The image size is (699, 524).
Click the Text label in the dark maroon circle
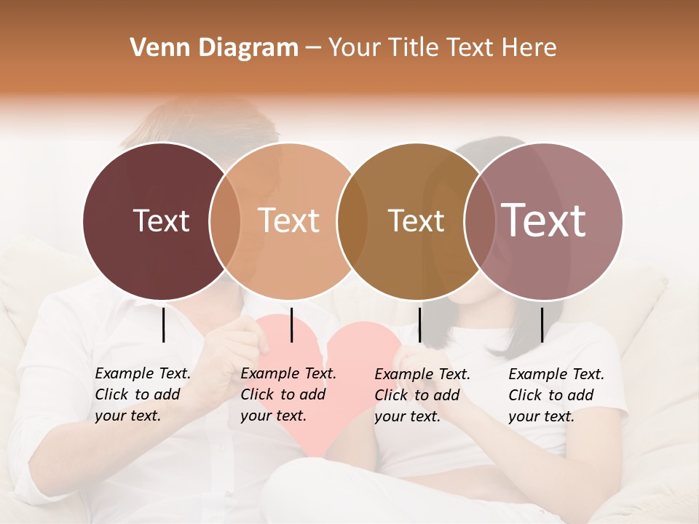[161, 221]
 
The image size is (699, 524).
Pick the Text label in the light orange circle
[288, 221]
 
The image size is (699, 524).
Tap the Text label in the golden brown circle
[416, 221]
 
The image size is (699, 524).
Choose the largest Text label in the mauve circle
[543, 221]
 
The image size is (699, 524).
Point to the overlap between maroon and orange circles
[225, 221]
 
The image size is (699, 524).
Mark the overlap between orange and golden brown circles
[352, 221]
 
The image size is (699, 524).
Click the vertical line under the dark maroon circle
[163, 325]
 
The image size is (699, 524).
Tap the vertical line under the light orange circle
[291, 325]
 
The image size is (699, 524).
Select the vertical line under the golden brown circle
[419, 325]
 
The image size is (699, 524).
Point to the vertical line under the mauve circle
[542, 325]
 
